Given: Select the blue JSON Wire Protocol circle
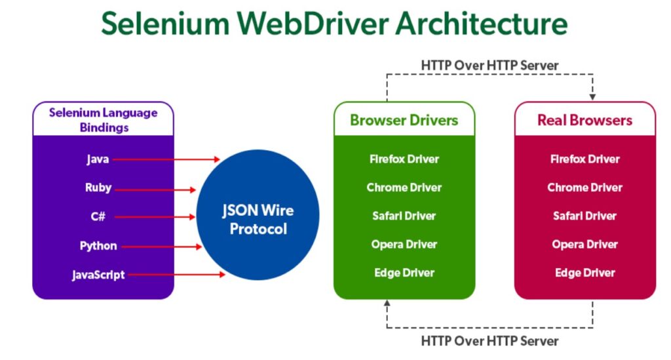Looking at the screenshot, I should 258,220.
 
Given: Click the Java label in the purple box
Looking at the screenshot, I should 98,159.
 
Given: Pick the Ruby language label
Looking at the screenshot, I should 98,188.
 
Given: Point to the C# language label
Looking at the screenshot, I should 98,216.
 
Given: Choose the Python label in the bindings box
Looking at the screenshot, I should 98,246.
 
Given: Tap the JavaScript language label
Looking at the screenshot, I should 98,275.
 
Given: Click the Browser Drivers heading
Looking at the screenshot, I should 404,120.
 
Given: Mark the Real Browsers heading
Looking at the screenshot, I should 585,120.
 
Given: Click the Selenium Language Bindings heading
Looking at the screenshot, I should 104,119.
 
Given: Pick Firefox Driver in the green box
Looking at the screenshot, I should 404,159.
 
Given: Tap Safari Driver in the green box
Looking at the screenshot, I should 404,216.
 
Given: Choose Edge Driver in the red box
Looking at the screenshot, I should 585,273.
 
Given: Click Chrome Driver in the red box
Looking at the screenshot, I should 585,188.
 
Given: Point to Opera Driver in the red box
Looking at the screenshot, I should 585,245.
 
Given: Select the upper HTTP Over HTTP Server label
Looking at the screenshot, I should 489,66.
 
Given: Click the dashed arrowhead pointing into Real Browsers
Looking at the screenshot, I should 593,97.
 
